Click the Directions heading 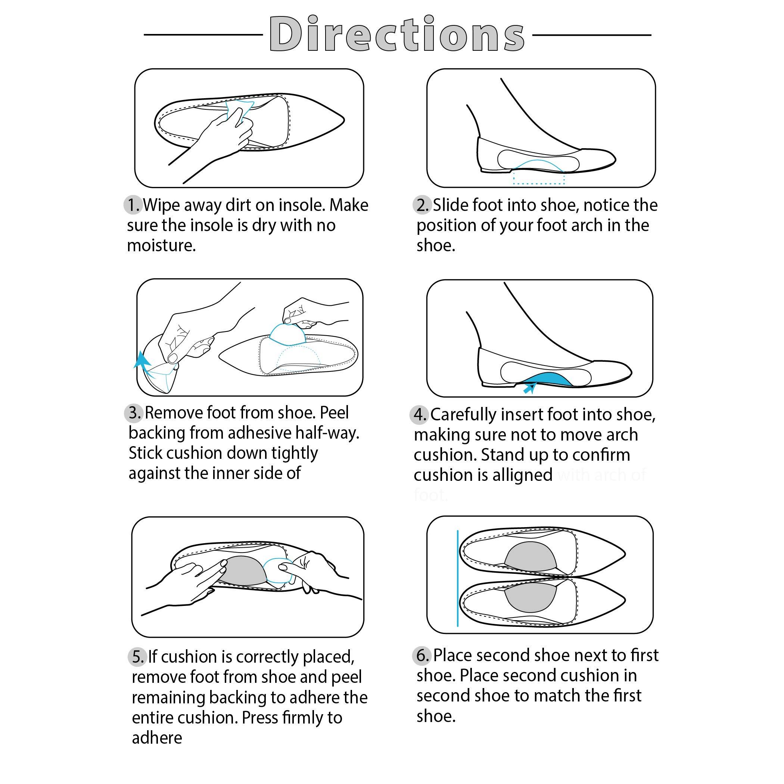397,35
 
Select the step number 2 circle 422,205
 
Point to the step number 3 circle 134,413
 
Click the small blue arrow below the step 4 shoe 528,389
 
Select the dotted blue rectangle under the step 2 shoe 539,178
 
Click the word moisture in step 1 161,246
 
